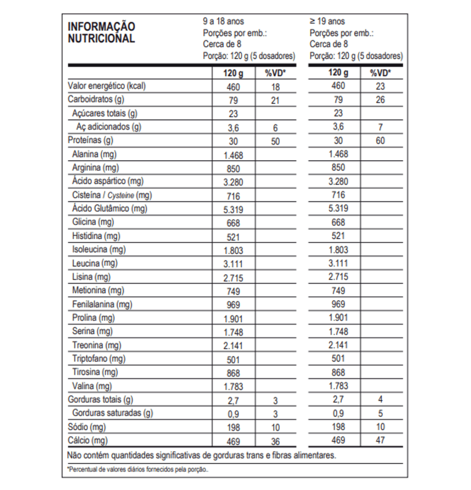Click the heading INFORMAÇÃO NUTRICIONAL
101,32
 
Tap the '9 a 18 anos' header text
223,21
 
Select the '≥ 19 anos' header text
327,21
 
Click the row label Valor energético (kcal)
107,86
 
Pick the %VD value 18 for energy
275,87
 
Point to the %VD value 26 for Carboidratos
380,100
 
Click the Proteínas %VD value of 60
380,140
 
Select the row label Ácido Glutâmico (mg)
110,209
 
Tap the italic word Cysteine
121,195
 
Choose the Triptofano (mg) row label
99,358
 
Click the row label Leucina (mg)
95,263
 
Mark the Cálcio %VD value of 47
380,440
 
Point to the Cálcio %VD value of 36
275,441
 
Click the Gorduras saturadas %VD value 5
380,413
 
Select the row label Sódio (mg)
87,427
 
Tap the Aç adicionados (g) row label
109,127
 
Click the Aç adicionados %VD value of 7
380,127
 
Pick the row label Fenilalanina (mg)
102,304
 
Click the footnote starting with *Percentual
138,469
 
